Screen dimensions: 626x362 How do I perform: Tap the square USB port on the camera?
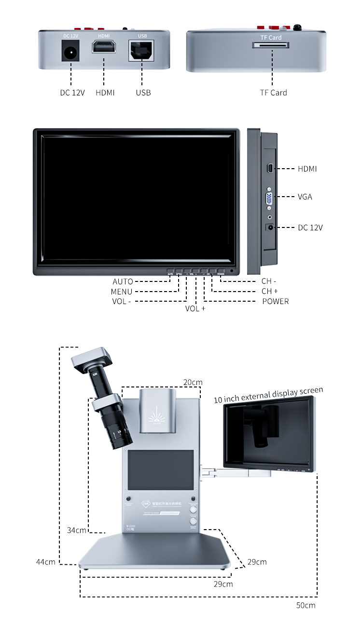coord(142,50)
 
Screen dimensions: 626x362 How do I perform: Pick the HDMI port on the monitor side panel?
coord(269,168)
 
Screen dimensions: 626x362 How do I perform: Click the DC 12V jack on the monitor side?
coord(270,227)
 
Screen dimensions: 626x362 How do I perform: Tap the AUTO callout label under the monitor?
coord(123,281)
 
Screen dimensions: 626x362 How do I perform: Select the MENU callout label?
coord(121,292)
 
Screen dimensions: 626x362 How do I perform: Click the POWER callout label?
coord(275,301)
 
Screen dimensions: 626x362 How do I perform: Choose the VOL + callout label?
coord(195,308)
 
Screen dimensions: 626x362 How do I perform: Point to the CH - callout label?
coord(269,281)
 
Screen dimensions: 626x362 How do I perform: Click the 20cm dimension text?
coord(193,382)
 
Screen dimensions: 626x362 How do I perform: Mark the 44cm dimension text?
coord(45,562)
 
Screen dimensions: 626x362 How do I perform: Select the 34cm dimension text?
coord(76,530)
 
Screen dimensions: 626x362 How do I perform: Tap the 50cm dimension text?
coord(306,605)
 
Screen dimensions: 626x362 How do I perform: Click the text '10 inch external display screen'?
coord(268,395)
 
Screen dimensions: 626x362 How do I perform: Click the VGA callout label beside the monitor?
coord(305,197)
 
